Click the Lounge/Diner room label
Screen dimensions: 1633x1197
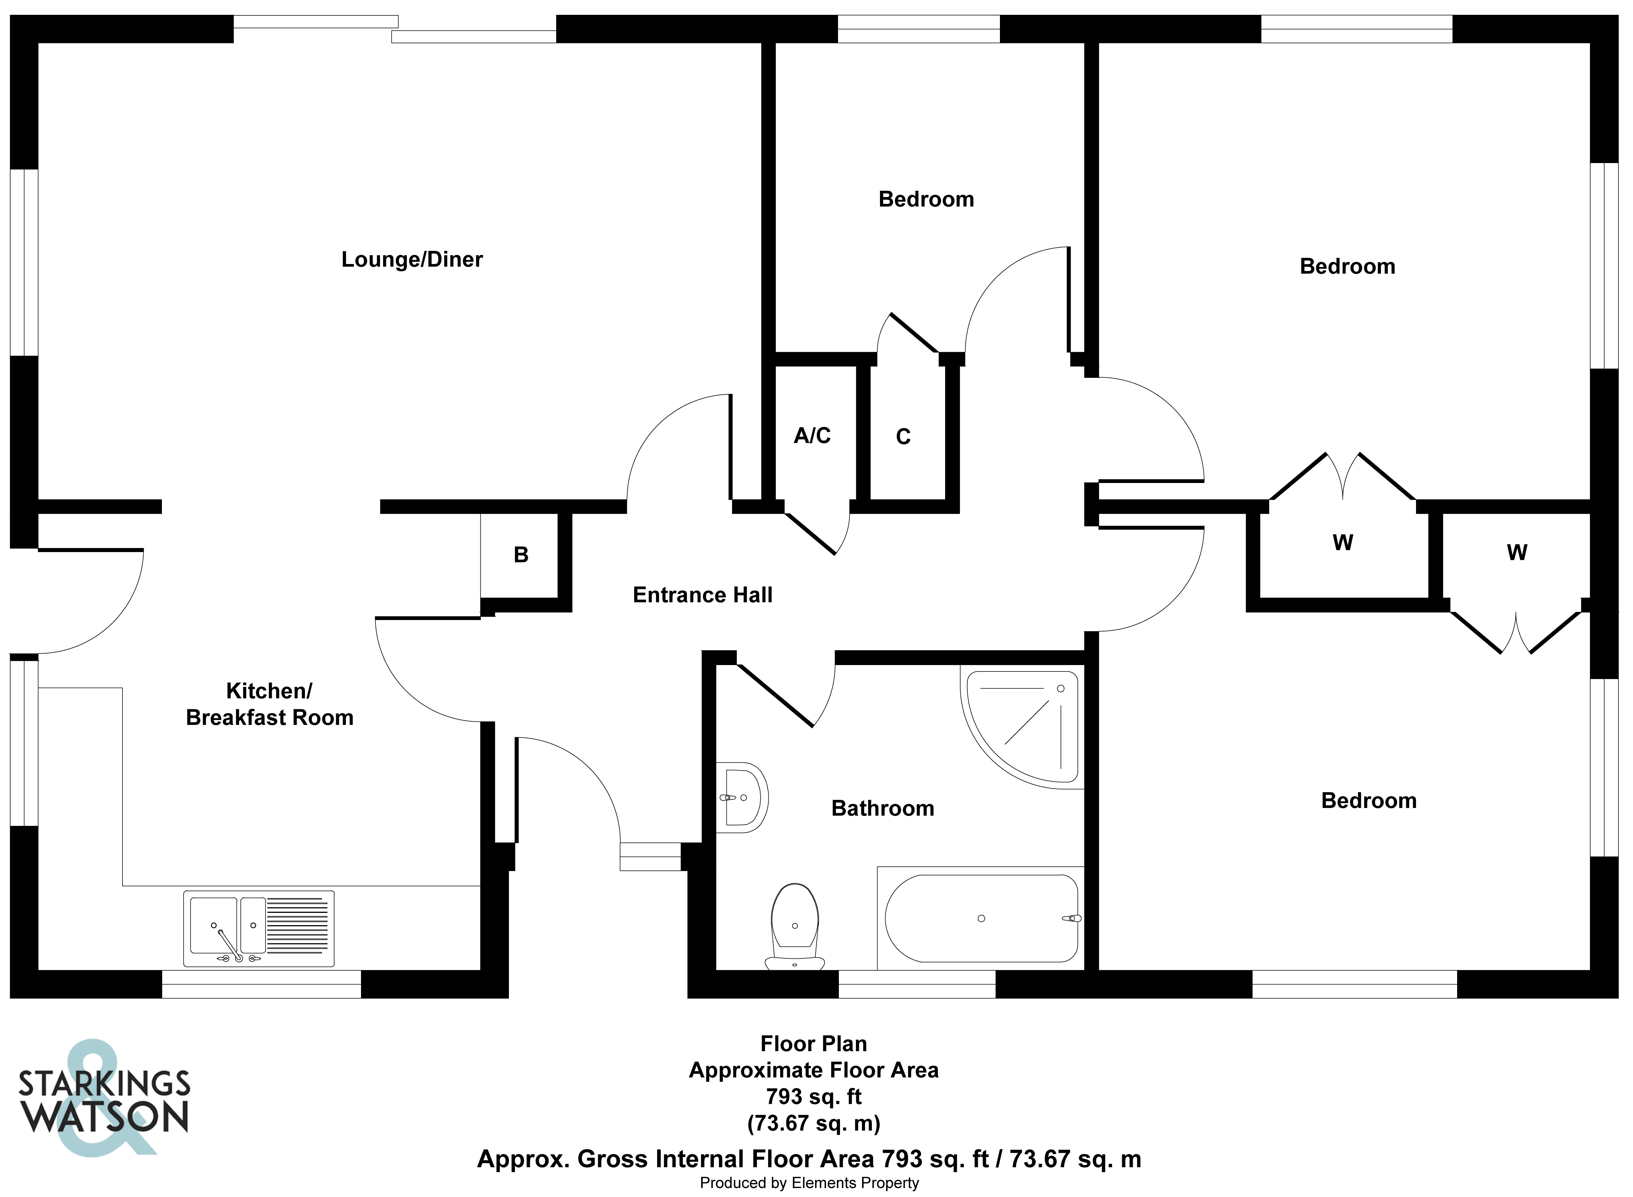(x=412, y=260)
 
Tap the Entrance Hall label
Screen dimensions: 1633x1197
(x=702, y=595)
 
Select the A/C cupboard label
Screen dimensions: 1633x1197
(x=812, y=435)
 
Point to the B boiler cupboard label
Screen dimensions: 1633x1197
(x=521, y=555)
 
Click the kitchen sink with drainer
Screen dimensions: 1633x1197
(x=259, y=928)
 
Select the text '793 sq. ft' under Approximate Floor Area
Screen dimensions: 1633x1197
(x=814, y=1096)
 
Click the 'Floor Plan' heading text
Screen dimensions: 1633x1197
(x=814, y=1043)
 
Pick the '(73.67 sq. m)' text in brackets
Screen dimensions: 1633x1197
(x=814, y=1123)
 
